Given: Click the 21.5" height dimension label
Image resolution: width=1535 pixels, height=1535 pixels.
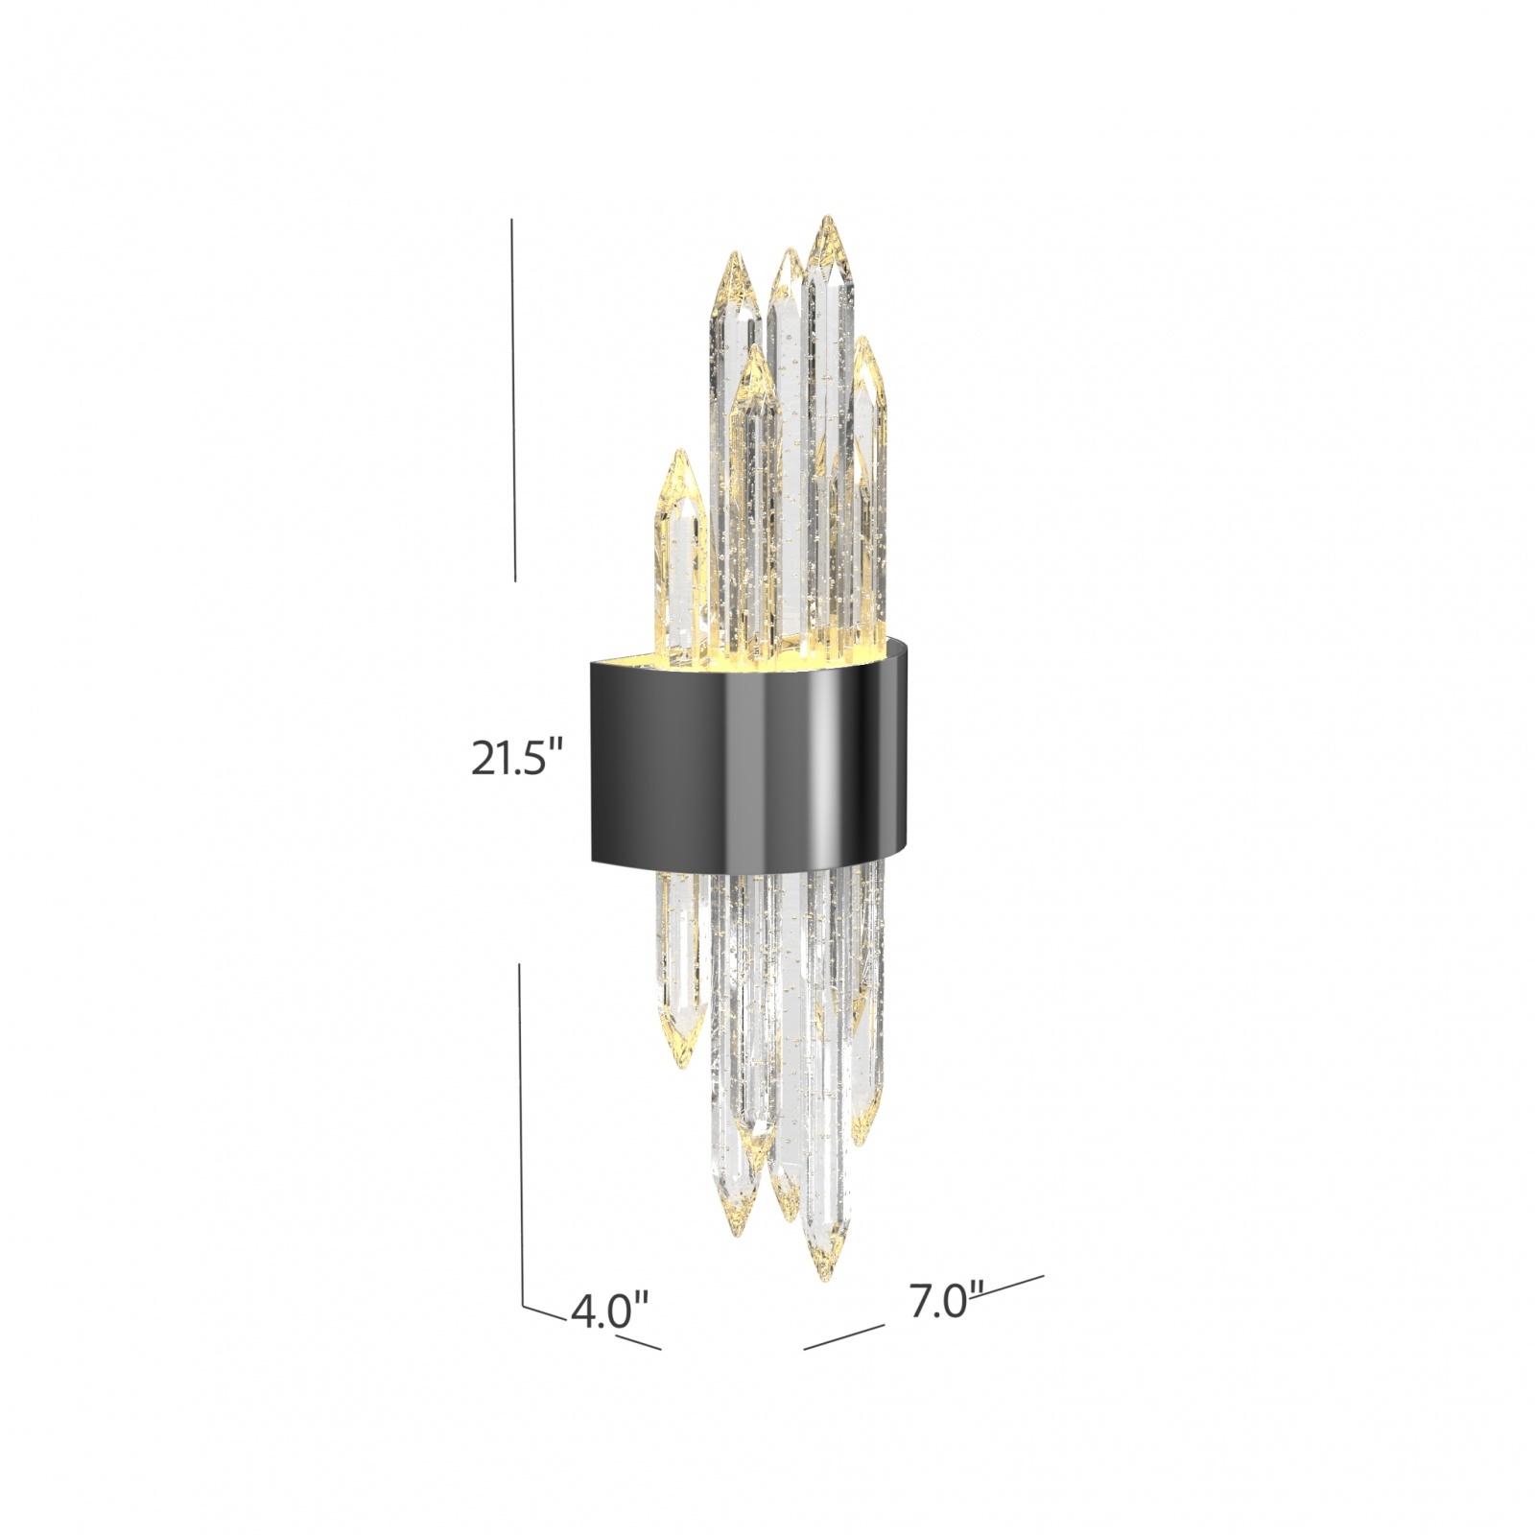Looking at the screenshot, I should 514,759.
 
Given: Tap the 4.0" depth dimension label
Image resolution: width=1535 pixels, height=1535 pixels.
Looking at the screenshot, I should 610,1311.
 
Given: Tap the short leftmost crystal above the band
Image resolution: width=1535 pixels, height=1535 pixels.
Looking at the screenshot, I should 680,556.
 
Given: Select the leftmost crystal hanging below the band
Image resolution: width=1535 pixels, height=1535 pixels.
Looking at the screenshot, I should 679,969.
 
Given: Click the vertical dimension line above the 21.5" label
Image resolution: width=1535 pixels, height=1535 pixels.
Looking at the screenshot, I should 513,403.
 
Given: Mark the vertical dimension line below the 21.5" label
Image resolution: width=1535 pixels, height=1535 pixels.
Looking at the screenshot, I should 521,1132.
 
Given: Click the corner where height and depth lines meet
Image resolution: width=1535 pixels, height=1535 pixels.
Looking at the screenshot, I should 523,1305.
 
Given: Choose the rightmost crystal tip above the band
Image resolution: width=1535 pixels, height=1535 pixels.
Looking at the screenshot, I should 865,341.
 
